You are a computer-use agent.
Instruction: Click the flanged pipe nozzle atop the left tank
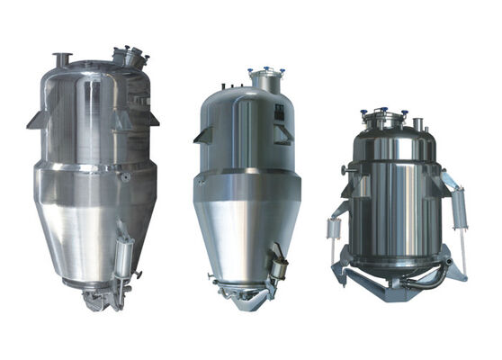pyautogui.click(x=62, y=59)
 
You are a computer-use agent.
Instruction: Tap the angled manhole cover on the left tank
pyautogui.click(x=130, y=57)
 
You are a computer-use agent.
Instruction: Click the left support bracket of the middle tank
pyautogui.click(x=202, y=134)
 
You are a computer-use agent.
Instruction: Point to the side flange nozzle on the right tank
pyautogui.click(x=347, y=169)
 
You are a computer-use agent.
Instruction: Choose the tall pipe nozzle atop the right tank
pyautogui.click(x=417, y=120)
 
